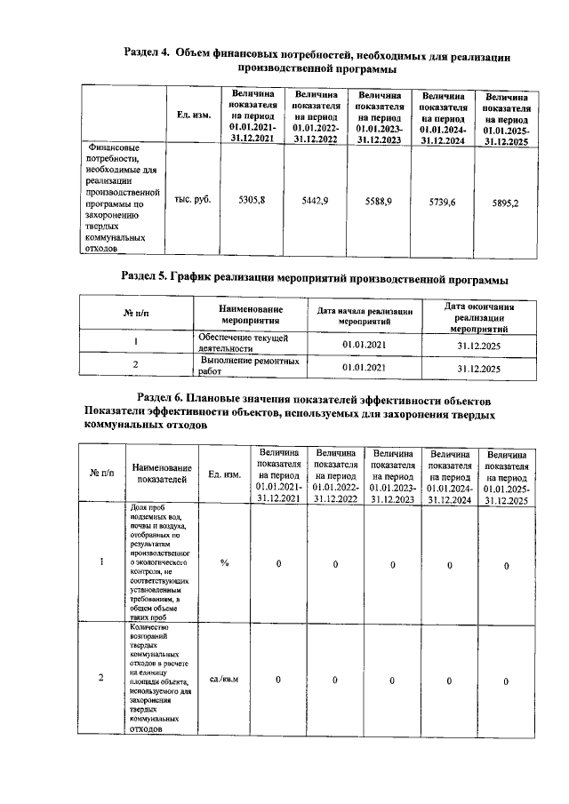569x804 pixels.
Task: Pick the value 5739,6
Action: pos(442,203)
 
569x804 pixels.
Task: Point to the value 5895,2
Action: pos(505,203)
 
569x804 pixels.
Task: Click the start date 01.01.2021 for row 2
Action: pos(364,367)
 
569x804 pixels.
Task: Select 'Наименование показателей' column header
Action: pos(162,474)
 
